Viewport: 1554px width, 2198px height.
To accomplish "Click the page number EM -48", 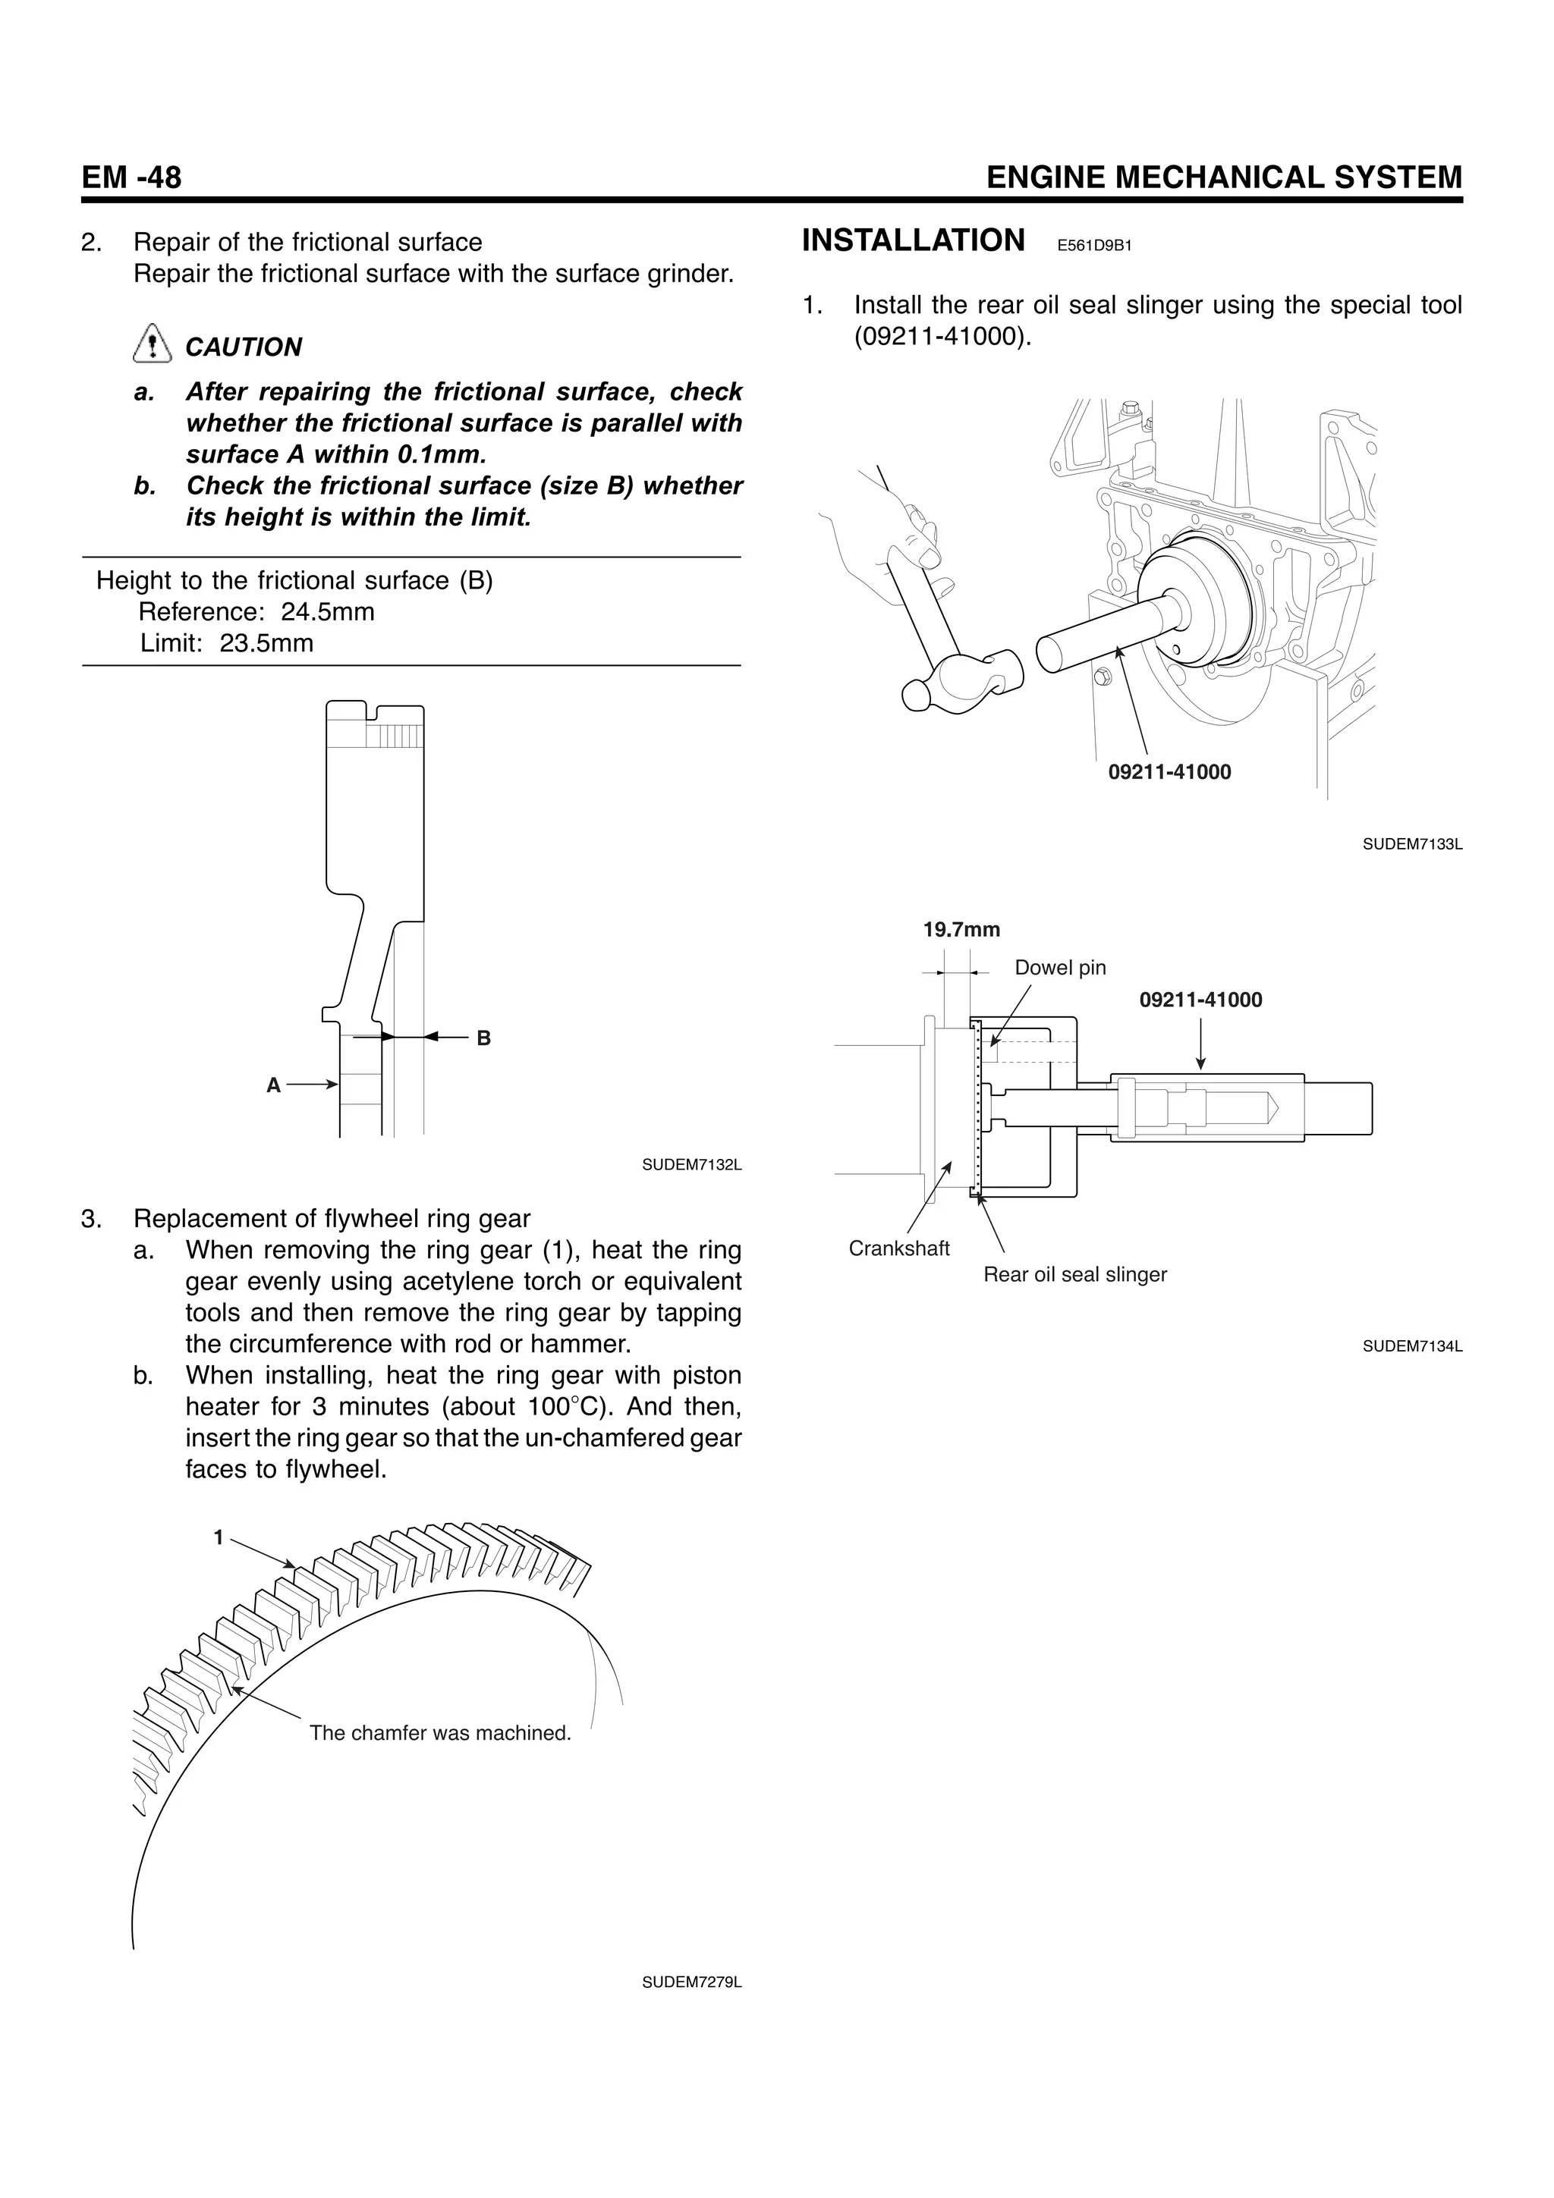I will tap(131, 177).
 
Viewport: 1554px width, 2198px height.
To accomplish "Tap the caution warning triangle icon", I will tap(151, 344).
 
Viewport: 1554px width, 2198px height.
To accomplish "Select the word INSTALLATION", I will tap(913, 240).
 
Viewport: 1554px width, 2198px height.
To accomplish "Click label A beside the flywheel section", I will tap(273, 1085).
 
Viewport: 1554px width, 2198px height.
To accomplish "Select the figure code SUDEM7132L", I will tap(691, 1165).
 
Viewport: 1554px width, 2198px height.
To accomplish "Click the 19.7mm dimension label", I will tap(961, 930).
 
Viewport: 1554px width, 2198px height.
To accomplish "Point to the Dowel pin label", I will tap(1060, 968).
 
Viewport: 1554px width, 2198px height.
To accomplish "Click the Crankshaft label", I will tap(899, 1248).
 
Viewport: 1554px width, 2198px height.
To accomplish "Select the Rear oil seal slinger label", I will tap(1074, 1275).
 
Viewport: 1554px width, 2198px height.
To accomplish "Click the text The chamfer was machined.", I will tap(440, 1733).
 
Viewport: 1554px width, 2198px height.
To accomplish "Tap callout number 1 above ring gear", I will tap(219, 1538).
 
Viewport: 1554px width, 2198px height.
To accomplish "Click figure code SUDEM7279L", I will tap(691, 1983).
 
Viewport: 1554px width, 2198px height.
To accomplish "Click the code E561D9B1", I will tap(1094, 246).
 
